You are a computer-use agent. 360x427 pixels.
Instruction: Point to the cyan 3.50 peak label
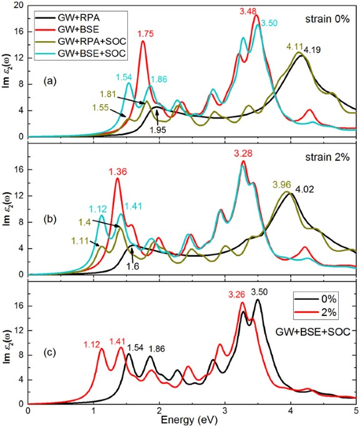[x=270, y=22]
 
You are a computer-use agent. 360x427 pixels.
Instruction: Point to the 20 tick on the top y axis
[x=19, y=5]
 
